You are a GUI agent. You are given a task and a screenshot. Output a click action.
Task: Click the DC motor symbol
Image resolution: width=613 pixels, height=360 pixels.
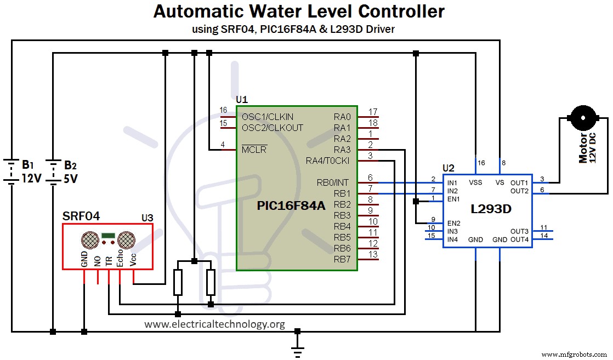[582, 116]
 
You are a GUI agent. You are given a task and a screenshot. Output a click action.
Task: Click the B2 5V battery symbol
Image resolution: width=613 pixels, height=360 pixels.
[53, 172]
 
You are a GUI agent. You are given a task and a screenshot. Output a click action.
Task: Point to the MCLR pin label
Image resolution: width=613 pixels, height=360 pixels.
[254, 150]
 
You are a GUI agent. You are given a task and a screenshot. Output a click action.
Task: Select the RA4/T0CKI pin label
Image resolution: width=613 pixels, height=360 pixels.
[328, 161]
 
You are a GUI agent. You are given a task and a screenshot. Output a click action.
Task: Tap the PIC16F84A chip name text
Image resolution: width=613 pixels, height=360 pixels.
[291, 206]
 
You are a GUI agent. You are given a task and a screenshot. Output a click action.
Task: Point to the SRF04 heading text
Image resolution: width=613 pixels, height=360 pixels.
[81, 216]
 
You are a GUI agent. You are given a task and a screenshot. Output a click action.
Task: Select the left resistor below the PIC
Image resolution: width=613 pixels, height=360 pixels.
[178, 283]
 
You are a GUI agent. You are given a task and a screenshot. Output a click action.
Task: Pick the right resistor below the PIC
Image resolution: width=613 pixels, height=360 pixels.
[211, 283]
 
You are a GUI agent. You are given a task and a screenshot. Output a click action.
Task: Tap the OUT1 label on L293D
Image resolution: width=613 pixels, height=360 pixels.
[519, 182]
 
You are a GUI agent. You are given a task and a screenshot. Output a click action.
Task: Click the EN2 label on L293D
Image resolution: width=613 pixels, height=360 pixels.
[453, 223]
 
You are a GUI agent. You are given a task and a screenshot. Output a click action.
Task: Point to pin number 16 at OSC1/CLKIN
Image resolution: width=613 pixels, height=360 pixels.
[223, 111]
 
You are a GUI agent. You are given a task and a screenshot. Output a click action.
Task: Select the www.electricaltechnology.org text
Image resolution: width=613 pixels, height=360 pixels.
[214, 324]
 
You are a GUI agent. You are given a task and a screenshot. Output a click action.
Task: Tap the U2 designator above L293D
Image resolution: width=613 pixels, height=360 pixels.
[449, 167]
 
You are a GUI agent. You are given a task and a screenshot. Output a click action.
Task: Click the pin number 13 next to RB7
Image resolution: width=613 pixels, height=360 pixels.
[373, 254]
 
